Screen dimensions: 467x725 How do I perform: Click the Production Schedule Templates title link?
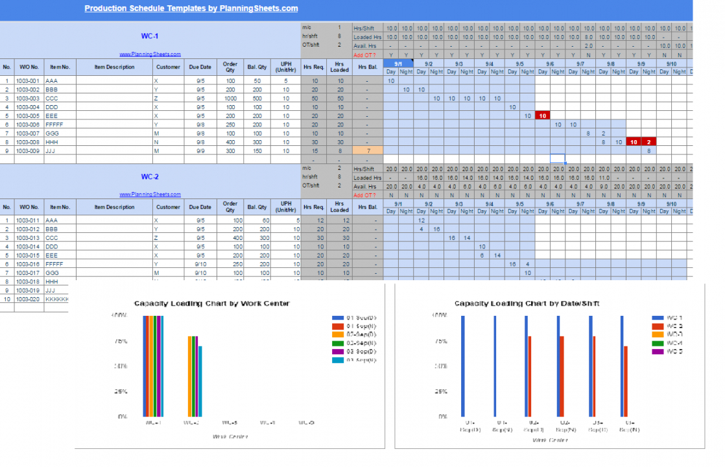click(191, 8)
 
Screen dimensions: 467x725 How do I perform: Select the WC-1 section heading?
click(150, 36)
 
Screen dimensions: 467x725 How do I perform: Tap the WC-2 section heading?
click(150, 176)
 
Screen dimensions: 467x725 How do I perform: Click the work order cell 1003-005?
click(29, 115)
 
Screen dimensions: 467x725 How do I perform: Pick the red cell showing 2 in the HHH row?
click(649, 141)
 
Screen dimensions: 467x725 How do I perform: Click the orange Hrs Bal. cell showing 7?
click(367, 150)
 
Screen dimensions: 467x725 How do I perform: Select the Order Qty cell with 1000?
click(230, 98)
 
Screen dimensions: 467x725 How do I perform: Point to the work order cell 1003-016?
click(29, 264)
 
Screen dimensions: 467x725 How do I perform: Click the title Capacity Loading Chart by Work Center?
click(211, 304)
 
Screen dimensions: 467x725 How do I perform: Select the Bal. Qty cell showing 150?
click(257, 150)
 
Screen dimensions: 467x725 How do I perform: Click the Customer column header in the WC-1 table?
click(168, 66)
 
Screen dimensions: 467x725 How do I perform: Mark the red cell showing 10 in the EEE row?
click(543, 115)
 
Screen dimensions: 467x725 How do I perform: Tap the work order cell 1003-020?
click(29, 299)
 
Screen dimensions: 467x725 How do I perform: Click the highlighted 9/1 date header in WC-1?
click(398, 64)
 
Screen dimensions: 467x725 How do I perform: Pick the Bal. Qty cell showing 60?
click(257, 221)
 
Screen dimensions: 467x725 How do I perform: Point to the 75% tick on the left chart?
click(121, 341)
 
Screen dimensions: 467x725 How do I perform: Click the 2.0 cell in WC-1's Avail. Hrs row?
click(588, 46)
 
